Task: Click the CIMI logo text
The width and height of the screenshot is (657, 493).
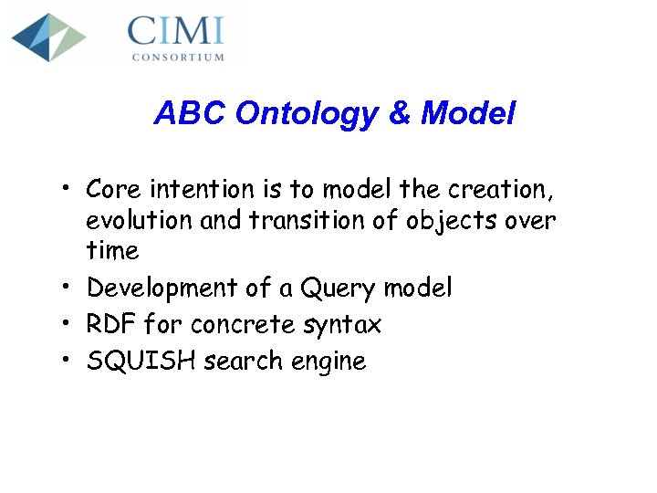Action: pos(175,31)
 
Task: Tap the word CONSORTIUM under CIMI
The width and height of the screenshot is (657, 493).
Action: pos(178,57)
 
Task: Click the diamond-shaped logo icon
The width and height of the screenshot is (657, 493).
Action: pos(48,37)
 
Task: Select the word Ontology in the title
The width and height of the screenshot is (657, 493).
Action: pos(306,113)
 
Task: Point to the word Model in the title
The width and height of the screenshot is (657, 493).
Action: pos(468,113)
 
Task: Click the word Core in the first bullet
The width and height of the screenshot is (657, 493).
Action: pos(113,190)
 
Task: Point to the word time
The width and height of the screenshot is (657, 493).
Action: pos(112,251)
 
